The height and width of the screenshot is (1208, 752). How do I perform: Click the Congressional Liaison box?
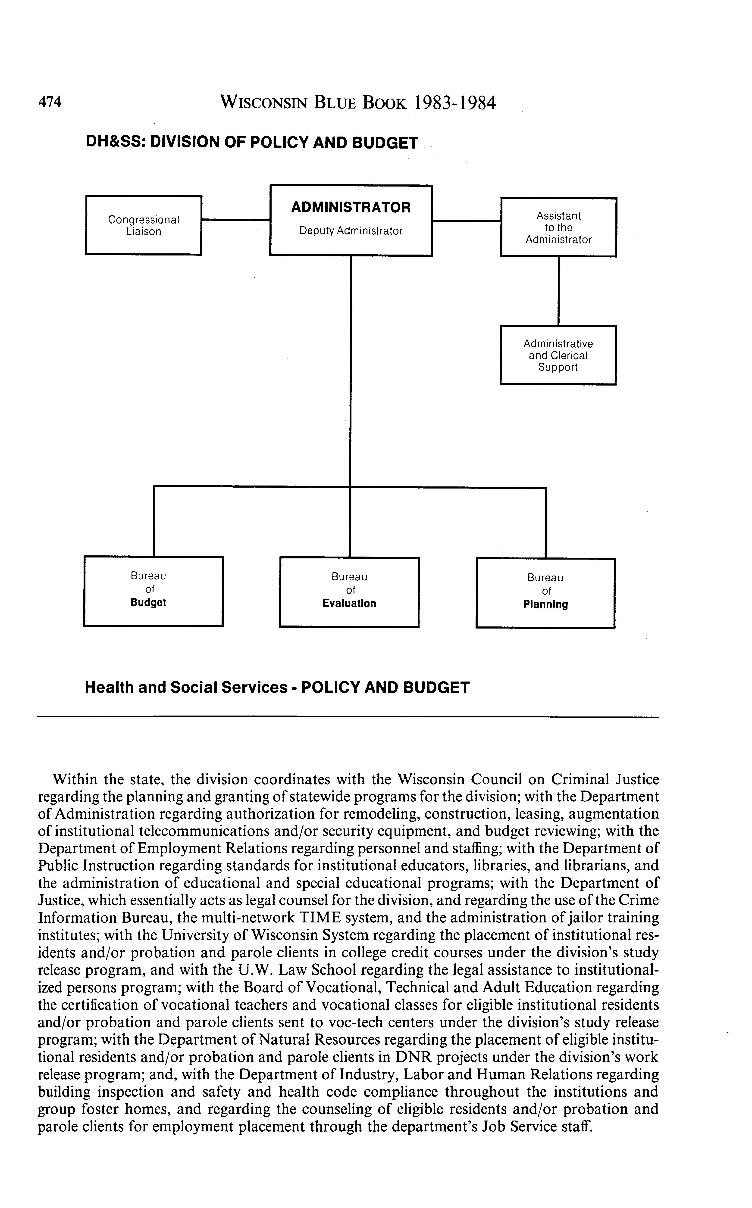tap(144, 225)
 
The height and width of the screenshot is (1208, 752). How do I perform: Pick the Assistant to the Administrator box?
tap(558, 227)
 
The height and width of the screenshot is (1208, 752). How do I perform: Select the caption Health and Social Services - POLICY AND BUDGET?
tap(277, 688)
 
